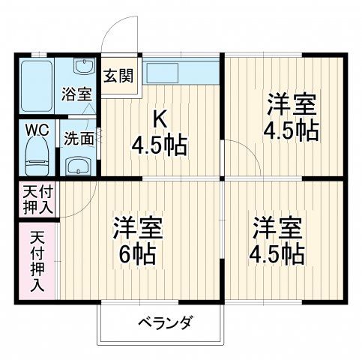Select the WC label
[x=37, y=129]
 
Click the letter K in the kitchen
[x=160, y=118]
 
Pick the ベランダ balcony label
[x=164, y=323]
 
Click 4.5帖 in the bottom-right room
[x=278, y=253]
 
